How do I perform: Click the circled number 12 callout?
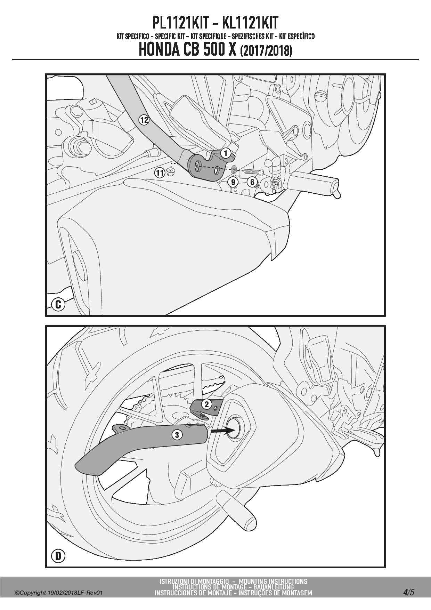click(x=144, y=120)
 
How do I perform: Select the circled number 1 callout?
click(x=225, y=153)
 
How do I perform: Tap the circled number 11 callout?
click(x=160, y=172)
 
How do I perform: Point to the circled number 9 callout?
click(x=233, y=182)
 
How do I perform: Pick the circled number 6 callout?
click(x=252, y=182)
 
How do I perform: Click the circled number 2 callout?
click(x=207, y=404)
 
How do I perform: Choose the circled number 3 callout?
click(x=177, y=435)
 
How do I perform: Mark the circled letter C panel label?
click(x=58, y=305)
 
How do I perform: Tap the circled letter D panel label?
click(x=58, y=556)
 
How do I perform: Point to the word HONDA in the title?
click(x=159, y=50)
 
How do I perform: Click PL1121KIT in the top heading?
click(x=180, y=23)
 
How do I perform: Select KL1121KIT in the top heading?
click(x=250, y=23)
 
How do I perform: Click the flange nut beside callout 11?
click(x=170, y=171)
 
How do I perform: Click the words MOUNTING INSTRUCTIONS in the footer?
click(x=273, y=581)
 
